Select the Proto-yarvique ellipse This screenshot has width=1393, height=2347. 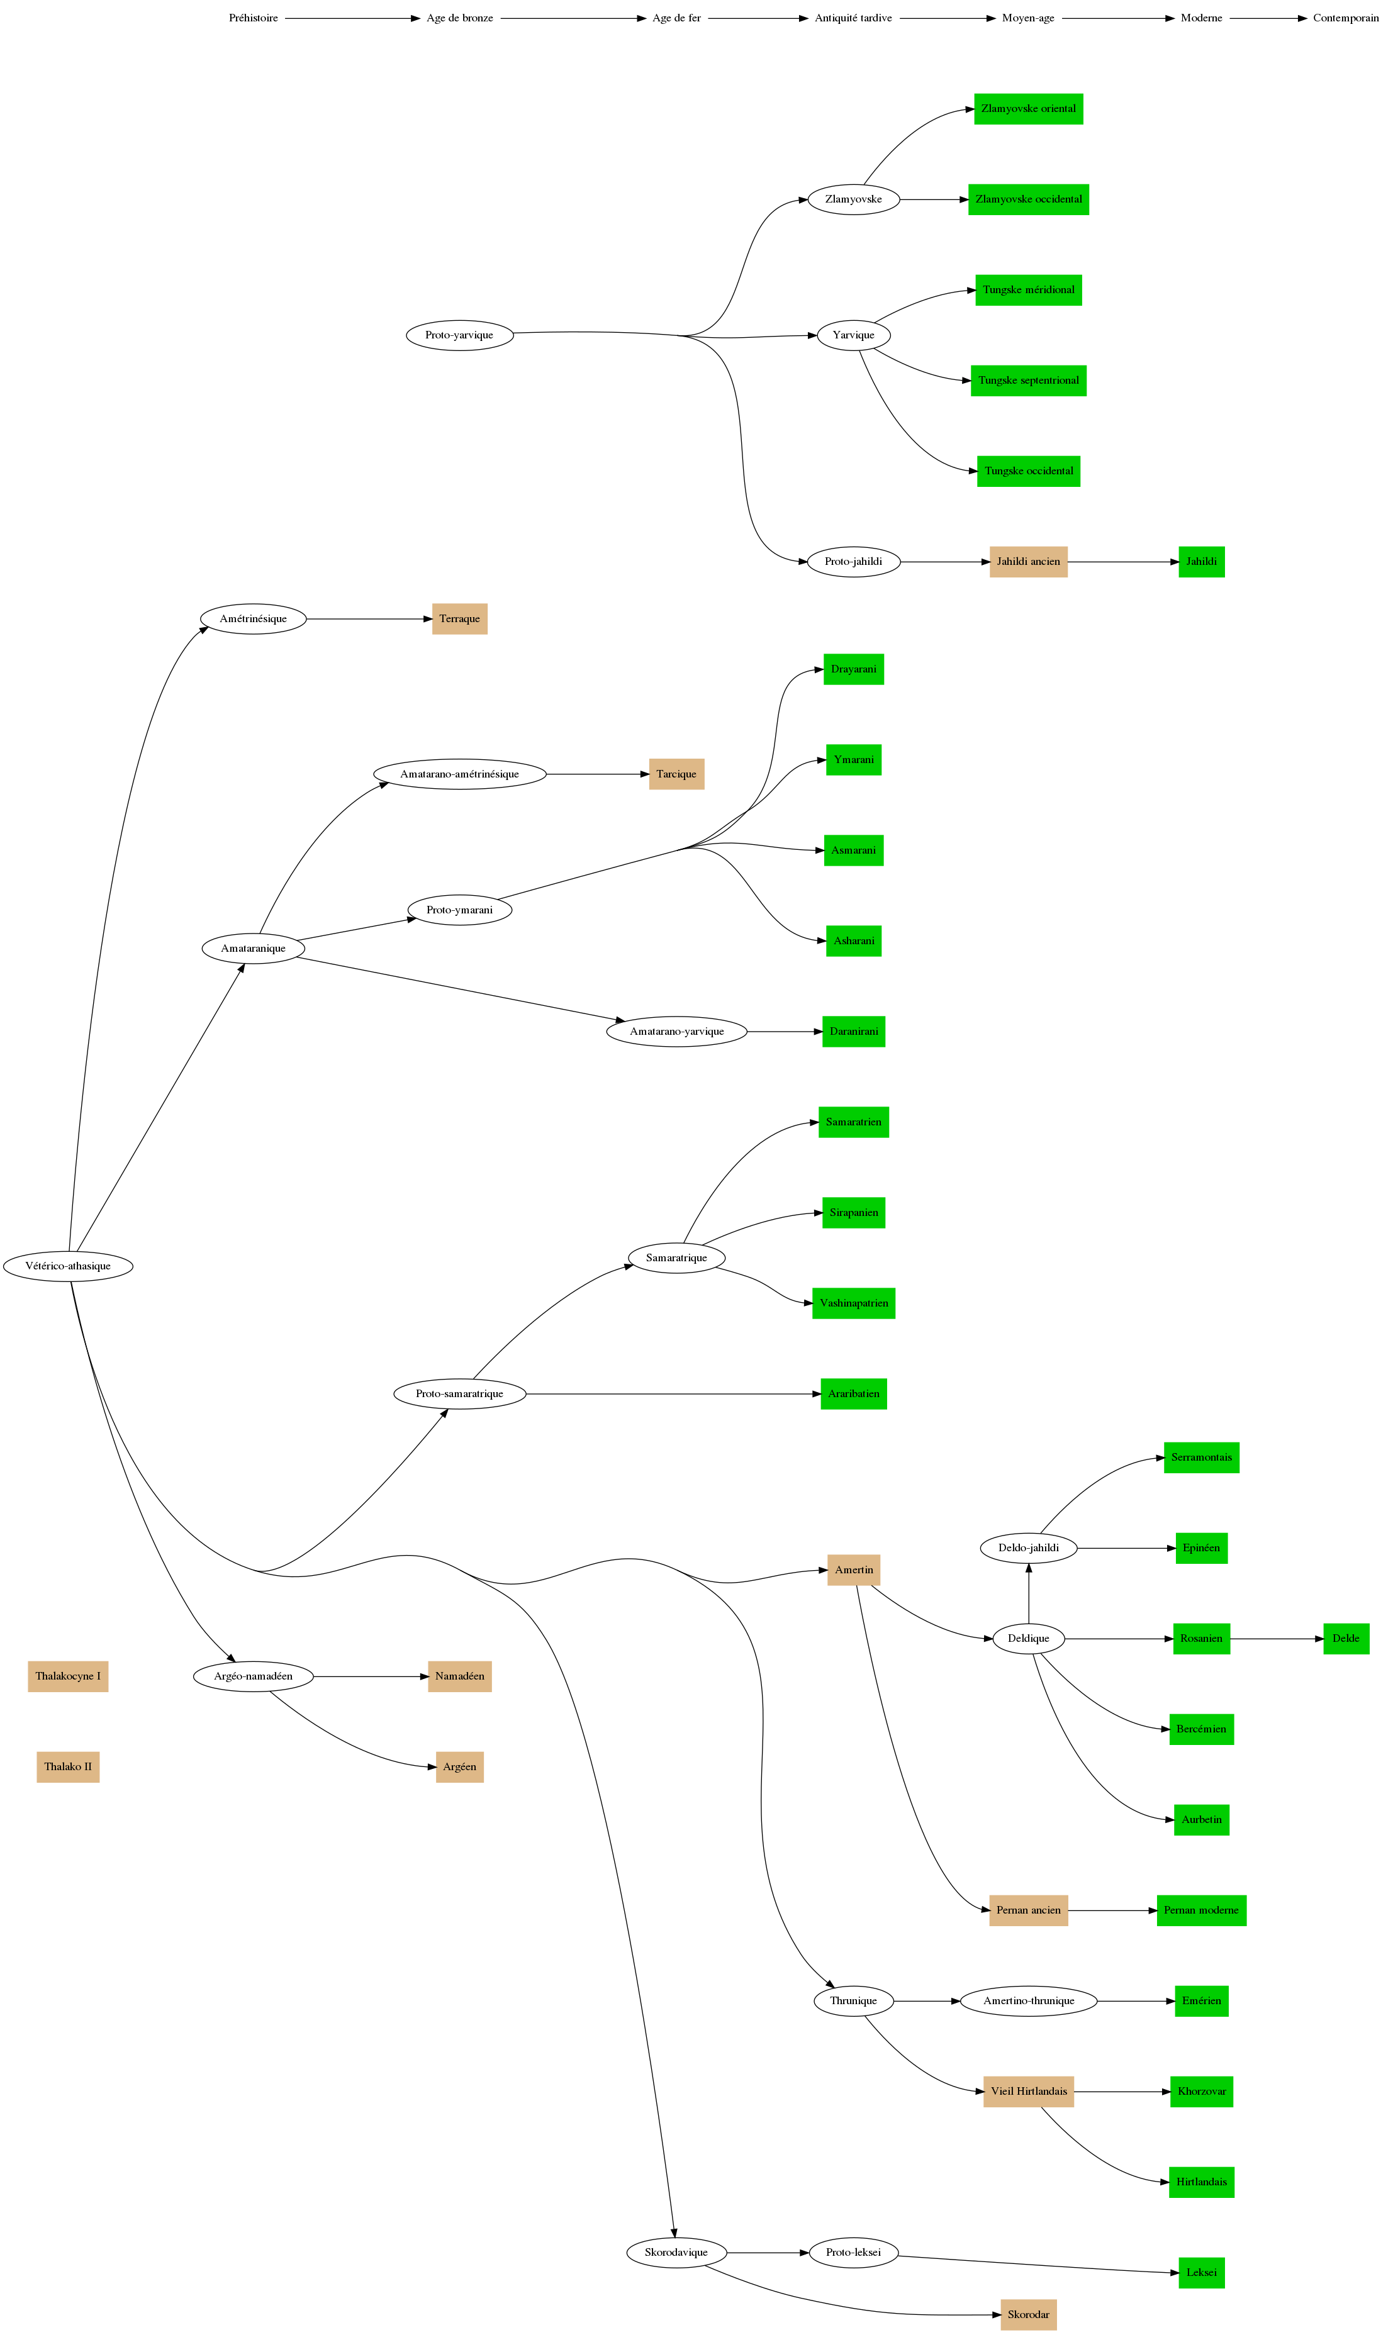[x=459, y=335]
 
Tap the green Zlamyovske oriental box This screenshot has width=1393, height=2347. [x=1028, y=109]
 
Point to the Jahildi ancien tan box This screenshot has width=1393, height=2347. [x=1028, y=562]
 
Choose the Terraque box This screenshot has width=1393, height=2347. [x=459, y=620]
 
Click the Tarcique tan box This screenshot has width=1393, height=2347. [x=676, y=774]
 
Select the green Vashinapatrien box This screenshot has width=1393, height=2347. [x=853, y=1303]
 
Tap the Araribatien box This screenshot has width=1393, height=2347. [x=853, y=1395]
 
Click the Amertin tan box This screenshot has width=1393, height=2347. [x=853, y=1570]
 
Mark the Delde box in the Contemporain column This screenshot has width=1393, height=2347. [x=1345, y=1639]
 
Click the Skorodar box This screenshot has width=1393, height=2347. [x=1028, y=2315]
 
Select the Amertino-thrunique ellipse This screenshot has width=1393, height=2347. [x=1028, y=2001]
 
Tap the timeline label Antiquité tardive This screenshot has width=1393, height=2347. [x=853, y=18]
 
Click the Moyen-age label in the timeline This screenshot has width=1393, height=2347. [x=1028, y=18]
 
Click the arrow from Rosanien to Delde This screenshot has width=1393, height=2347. [x=1277, y=1639]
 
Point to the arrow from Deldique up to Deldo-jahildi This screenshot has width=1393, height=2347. [x=1029, y=1593]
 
